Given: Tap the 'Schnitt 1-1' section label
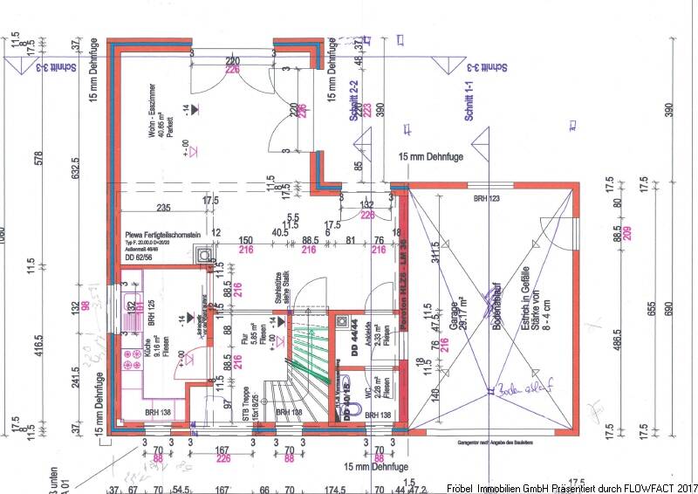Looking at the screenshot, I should pyautogui.click(x=469, y=99).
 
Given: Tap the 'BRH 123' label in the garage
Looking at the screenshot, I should pyautogui.click(x=489, y=200).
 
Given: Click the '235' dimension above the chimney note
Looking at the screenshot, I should pyautogui.click(x=162, y=208).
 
